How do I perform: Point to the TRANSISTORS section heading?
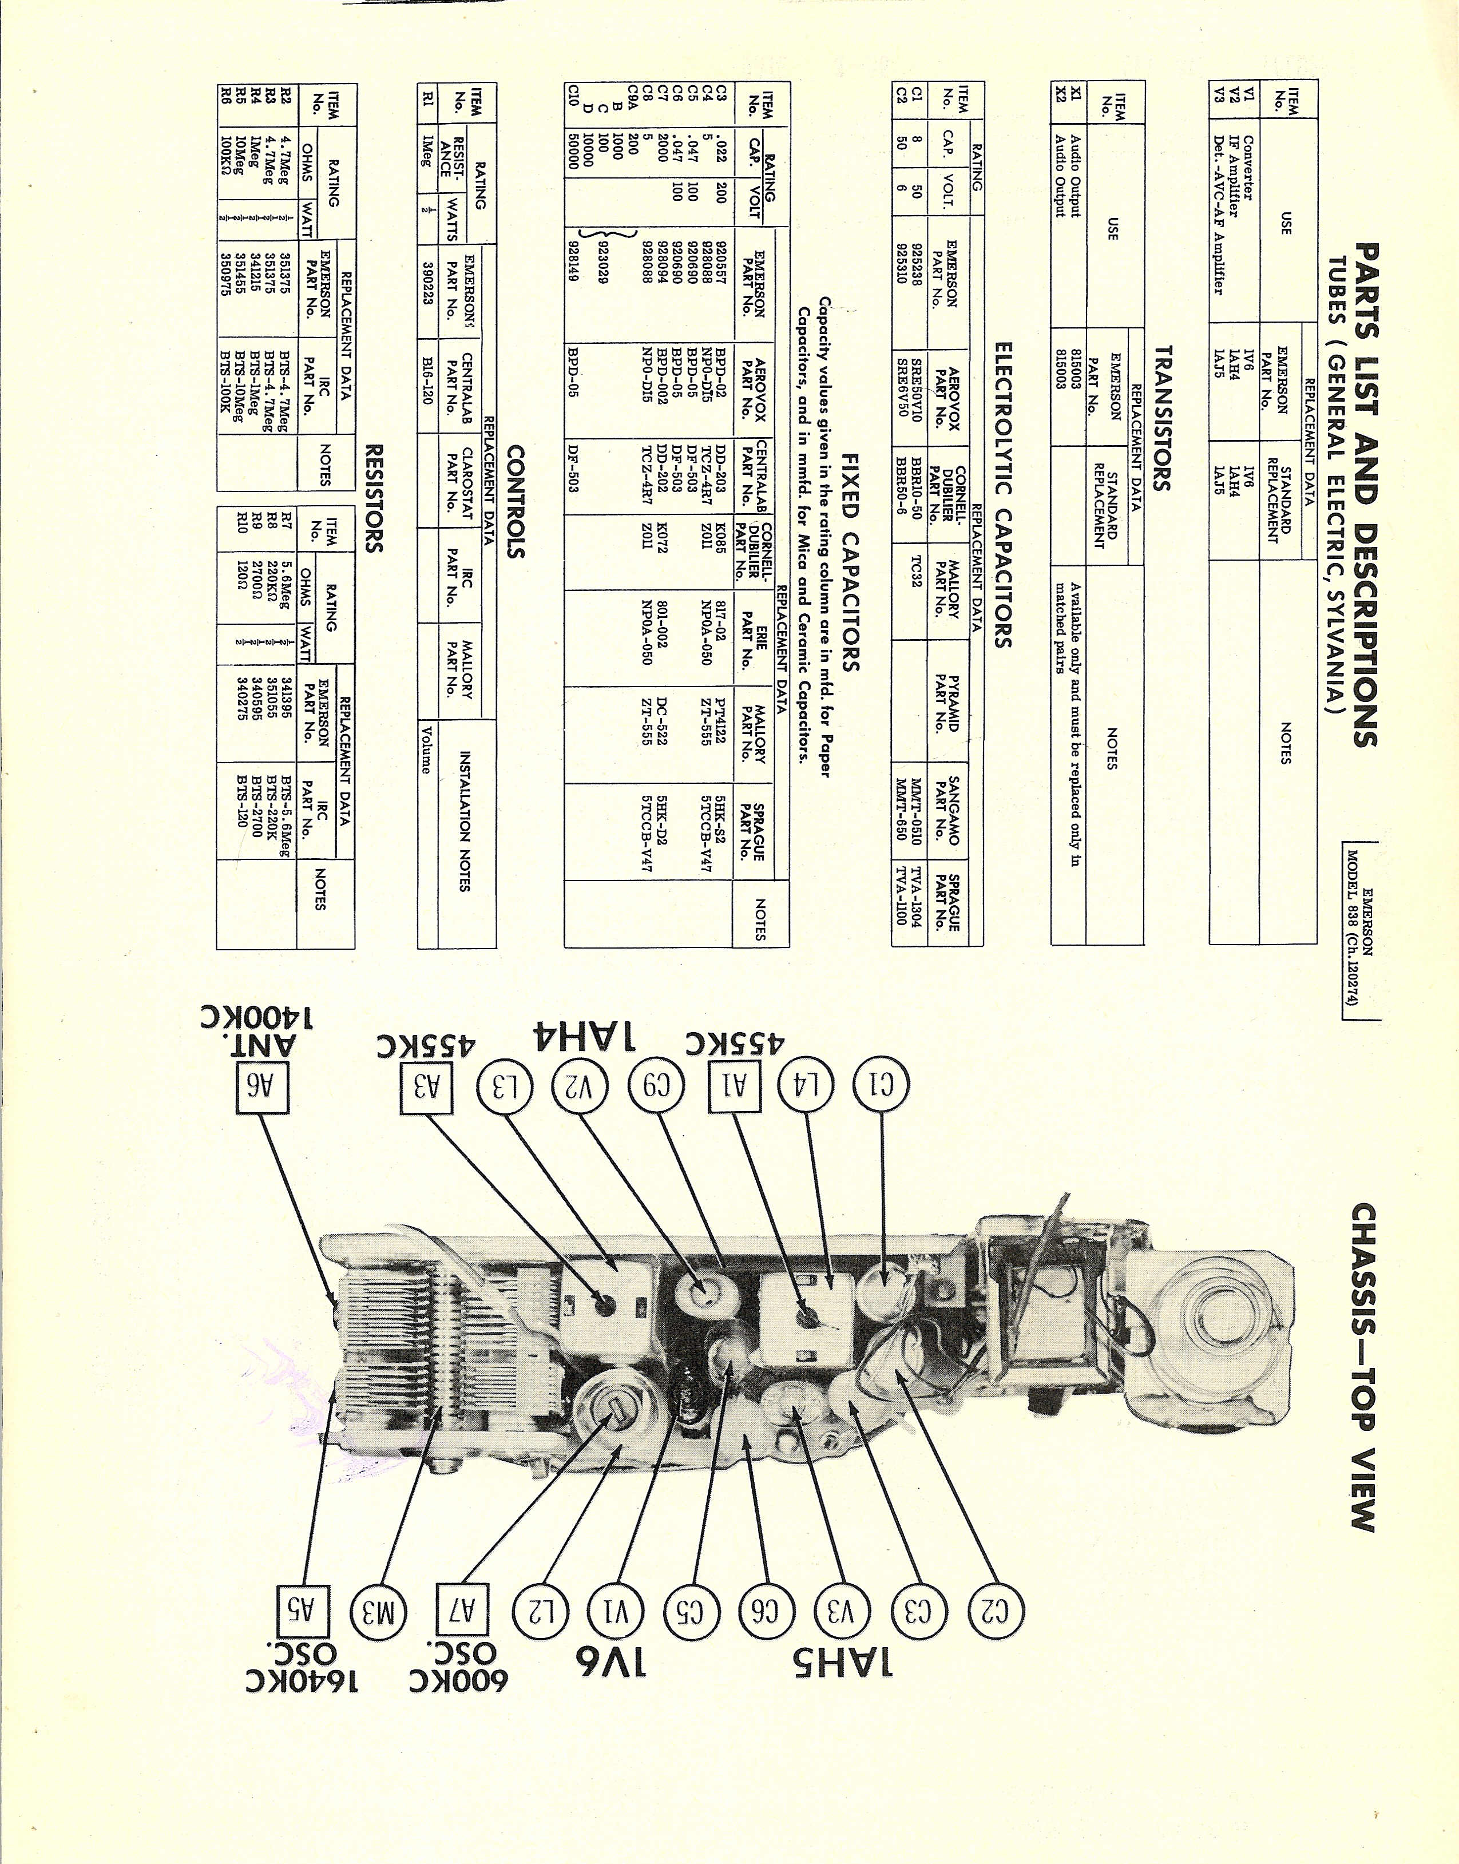(x=1161, y=418)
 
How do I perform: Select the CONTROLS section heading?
(x=515, y=501)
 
